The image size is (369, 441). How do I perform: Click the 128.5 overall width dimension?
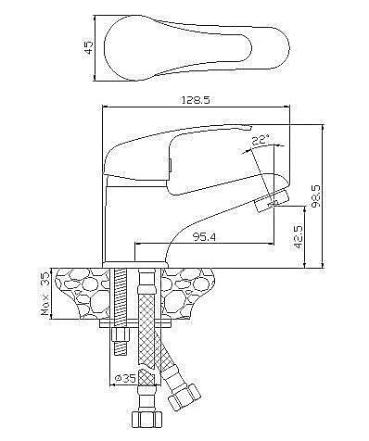(x=196, y=100)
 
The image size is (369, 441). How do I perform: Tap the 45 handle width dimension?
(x=89, y=48)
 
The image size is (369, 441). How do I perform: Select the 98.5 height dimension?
(x=317, y=196)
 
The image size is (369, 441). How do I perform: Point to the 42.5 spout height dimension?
(x=299, y=237)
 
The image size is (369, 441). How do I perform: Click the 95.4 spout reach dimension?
(x=204, y=237)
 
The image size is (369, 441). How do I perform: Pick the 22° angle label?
(x=260, y=140)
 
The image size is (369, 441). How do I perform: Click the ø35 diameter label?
(x=125, y=378)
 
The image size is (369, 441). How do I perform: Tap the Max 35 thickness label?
(x=45, y=294)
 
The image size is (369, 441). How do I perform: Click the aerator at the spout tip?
(x=272, y=201)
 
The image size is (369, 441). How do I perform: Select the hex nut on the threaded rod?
(x=120, y=334)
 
